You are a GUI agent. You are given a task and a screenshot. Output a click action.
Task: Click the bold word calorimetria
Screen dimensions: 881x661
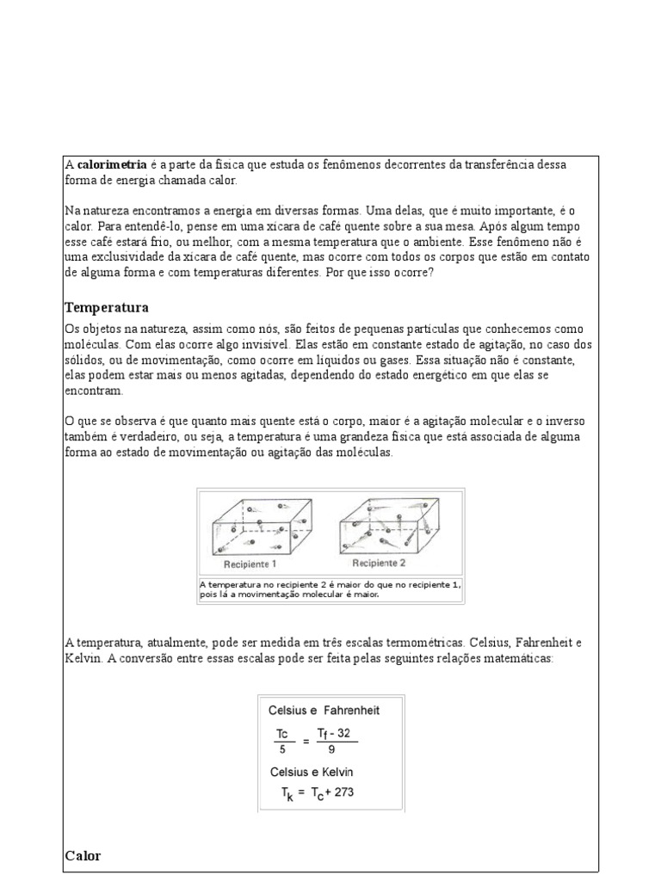click(111, 164)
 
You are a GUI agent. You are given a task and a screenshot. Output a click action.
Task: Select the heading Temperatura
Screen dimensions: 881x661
click(107, 307)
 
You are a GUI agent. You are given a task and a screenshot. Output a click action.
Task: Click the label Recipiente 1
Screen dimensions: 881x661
click(250, 565)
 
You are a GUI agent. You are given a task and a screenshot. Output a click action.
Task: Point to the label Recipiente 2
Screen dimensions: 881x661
click(379, 564)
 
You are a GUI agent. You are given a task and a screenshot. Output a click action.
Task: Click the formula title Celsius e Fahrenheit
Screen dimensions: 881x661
click(324, 711)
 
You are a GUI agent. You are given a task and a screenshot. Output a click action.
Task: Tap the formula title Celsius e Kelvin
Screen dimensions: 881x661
click(311, 772)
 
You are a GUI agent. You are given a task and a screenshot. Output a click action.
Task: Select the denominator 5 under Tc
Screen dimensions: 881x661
click(281, 749)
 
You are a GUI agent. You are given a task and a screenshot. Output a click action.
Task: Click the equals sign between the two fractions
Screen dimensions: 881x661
click(306, 740)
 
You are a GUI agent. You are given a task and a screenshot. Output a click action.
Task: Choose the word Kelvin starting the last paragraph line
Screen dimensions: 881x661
click(83, 658)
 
